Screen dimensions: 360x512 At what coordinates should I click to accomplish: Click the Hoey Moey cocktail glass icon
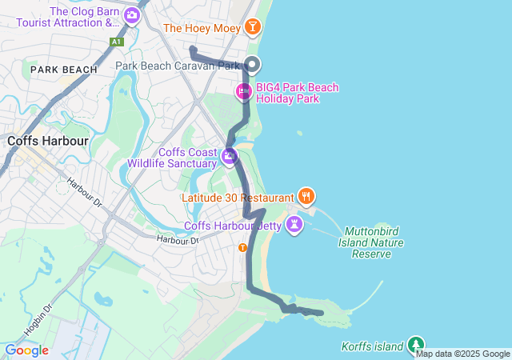coord(253,28)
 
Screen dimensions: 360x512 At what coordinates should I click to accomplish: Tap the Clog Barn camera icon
coord(130,14)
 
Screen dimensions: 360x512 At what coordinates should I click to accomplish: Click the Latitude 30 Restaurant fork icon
coord(306,196)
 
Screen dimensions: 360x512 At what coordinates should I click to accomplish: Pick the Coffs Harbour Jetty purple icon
coord(295,224)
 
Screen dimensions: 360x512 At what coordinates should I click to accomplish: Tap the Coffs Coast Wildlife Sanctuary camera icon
coord(230,157)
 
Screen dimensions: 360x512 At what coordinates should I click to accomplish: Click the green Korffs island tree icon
coord(415,345)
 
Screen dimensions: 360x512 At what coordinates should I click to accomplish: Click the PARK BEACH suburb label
coord(63,70)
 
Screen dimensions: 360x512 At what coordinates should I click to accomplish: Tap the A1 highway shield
coord(117,42)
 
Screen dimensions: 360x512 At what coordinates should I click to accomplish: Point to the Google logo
coord(26,350)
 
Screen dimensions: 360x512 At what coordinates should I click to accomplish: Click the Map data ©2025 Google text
coord(462,354)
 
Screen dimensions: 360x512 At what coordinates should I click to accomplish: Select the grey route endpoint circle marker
coord(253,65)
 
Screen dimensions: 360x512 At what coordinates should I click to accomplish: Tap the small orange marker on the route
coord(242,248)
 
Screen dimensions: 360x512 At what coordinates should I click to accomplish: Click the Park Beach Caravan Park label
coord(178,66)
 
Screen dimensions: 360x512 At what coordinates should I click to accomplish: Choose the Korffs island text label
coord(373,346)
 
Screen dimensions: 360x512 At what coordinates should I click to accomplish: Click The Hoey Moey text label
coord(202,28)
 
